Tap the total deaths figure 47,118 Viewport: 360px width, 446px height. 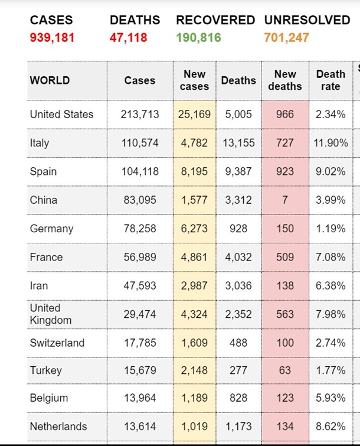pos(129,38)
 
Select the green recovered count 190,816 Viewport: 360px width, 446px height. pos(198,38)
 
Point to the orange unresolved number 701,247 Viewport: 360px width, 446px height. pos(287,38)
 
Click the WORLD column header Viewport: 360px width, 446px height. pos(50,80)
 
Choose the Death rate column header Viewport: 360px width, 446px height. pos(330,80)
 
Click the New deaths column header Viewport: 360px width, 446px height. pos(285,80)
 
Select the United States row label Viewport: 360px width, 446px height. pos(61,115)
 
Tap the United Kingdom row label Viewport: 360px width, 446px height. pos(51,314)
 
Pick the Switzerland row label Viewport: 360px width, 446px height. pos(57,343)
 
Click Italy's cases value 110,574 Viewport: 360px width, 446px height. pos(140,143)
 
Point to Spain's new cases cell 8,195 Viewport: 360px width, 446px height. pos(194,171)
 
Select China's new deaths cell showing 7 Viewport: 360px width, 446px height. pos(285,200)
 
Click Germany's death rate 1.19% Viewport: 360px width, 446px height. pos(330,229)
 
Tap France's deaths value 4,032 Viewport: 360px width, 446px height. pos(238,257)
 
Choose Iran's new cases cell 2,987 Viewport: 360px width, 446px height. pos(194,286)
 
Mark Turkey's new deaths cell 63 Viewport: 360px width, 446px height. pos(285,371)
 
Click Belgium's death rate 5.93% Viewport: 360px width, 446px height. pos(330,398)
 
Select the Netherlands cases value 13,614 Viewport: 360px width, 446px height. pos(140,427)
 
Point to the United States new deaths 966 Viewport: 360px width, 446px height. pos(285,115)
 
